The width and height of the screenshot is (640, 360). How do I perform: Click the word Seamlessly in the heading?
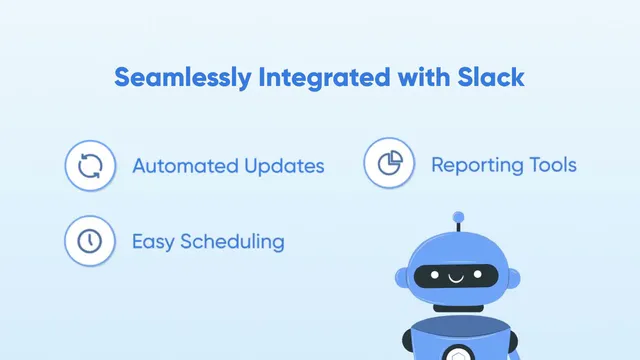pos(183,78)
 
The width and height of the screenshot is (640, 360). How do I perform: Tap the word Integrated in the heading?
pos(324,78)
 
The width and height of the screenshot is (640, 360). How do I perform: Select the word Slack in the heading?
pos(491,77)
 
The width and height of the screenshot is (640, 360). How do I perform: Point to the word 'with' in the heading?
pos(424,77)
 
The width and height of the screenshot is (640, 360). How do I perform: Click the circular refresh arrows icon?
pos(90,166)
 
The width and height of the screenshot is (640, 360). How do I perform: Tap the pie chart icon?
pos(390,163)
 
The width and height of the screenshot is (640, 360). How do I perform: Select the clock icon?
pos(90,241)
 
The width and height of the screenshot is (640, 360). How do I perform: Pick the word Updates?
pos(284,167)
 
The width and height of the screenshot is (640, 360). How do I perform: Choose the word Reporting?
pos(477,166)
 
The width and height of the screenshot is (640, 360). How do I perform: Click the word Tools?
pos(553,165)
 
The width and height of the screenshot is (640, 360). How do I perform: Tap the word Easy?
pos(153,242)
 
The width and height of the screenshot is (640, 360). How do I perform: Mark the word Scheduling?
pos(232,242)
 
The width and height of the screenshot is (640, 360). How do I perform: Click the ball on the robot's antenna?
pos(458,217)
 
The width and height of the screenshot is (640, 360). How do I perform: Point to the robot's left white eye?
pos(435,275)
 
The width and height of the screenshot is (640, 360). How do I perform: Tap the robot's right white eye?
pos(478,274)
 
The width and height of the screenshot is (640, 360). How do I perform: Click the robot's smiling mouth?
pos(456,279)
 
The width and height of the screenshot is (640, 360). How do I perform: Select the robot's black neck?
pos(458,308)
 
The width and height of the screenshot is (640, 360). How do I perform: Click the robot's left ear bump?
pos(402,278)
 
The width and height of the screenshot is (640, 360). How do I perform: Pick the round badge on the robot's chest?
pos(459,353)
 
